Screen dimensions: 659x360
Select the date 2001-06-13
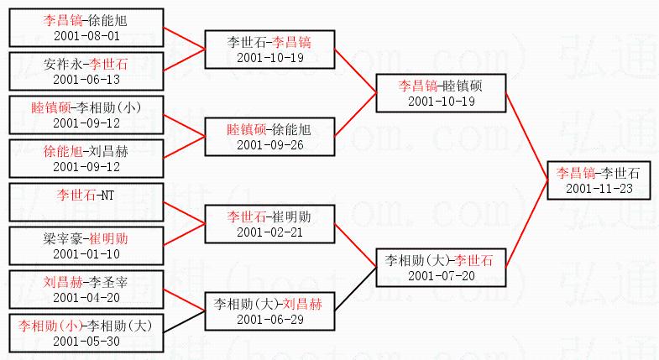coord(87,79)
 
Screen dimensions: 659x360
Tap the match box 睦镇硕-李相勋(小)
coord(87,114)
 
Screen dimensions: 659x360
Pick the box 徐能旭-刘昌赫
coord(87,159)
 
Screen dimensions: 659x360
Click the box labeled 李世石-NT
coord(87,203)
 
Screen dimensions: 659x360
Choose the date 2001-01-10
coord(87,253)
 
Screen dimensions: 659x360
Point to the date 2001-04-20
coord(87,297)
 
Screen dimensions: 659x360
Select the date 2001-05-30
coord(87,342)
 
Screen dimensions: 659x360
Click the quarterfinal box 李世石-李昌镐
coord(269,49)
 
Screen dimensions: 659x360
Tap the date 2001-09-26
coord(269,143)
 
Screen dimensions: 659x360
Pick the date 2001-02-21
coord(269,232)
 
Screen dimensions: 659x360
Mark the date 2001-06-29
coord(269,320)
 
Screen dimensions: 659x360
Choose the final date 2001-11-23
coord(599,189)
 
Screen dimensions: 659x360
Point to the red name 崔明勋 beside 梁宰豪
coord(109,238)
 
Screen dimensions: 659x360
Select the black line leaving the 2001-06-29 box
coord(355,290)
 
